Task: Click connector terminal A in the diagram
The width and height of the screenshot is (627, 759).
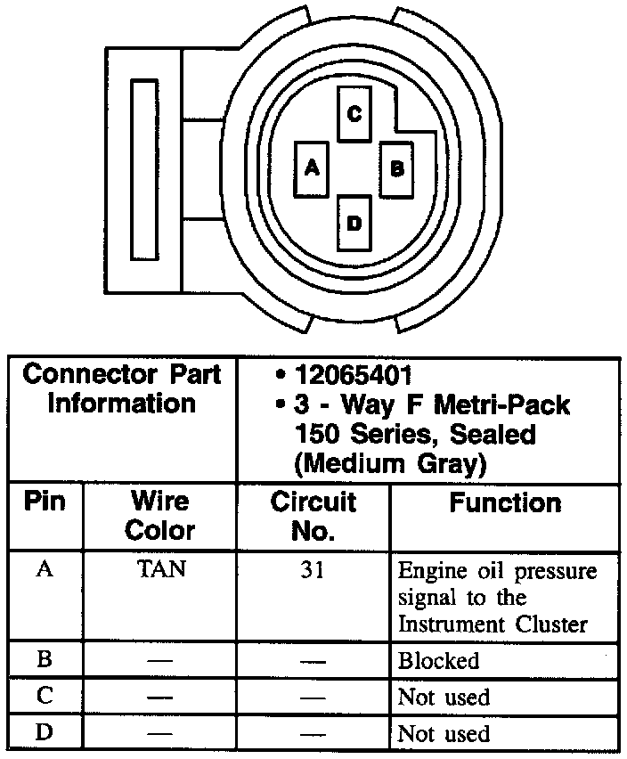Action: [x=311, y=167]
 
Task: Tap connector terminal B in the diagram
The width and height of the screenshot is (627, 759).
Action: [x=397, y=168]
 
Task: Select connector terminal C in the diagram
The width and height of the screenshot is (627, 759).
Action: [x=354, y=114]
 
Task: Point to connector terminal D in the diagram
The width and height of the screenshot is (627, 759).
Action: [x=354, y=223]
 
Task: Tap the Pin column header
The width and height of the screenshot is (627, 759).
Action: [x=45, y=502]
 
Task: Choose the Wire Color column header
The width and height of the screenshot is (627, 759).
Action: [x=160, y=516]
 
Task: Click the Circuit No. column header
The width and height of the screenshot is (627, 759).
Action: [x=313, y=516]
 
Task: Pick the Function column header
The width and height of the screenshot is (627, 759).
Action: [x=505, y=503]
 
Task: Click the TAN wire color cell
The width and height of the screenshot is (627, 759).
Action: [x=161, y=569]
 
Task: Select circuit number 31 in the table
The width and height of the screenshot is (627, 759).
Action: [x=313, y=569]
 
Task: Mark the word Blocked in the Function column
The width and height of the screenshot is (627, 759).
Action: [x=438, y=661]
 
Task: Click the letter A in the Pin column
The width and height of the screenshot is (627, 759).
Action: [x=44, y=569]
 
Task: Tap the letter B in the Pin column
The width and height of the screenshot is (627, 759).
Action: [x=44, y=660]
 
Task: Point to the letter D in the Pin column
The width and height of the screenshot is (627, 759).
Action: [x=44, y=733]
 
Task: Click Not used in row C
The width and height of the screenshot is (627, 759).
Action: [x=444, y=697]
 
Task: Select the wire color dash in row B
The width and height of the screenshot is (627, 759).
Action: [x=161, y=662]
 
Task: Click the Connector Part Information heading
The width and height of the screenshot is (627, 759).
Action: [x=122, y=388]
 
